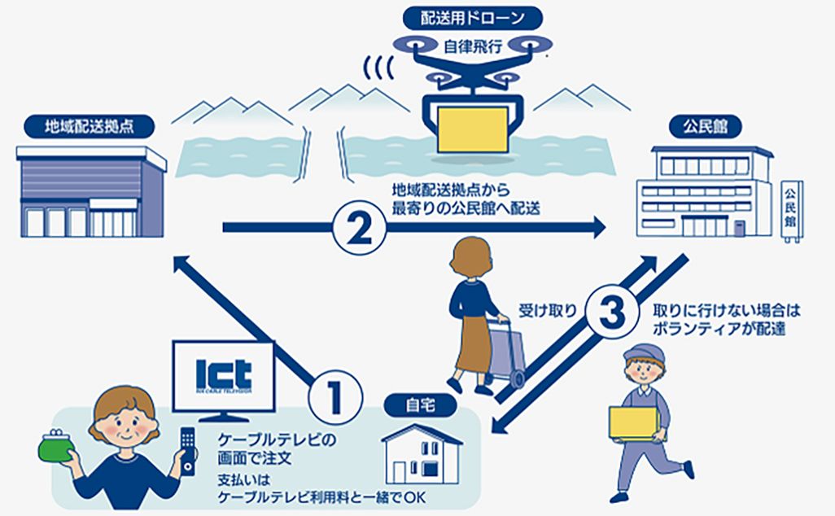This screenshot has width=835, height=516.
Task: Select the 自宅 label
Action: pyautogui.click(x=423, y=403)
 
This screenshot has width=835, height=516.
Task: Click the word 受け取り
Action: pyautogui.click(x=548, y=310)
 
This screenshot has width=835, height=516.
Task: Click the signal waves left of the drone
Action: pyautogui.click(x=375, y=70)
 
